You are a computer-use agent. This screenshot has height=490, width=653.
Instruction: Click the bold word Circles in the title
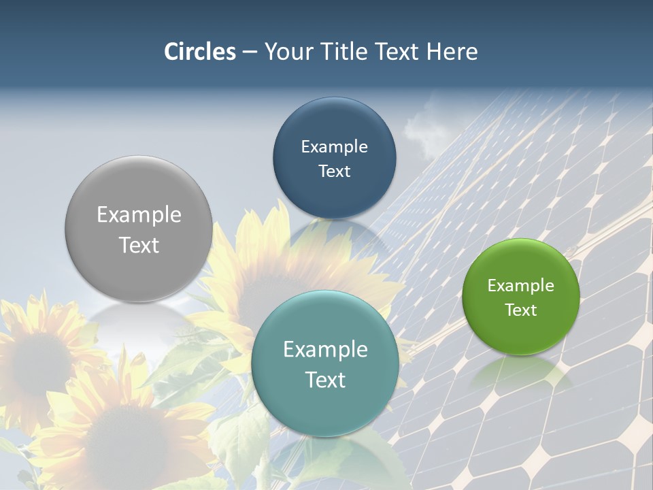tap(200, 51)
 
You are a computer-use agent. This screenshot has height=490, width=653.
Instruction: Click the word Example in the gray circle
tap(139, 215)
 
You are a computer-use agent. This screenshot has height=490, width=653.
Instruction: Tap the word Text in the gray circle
tap(139, 245)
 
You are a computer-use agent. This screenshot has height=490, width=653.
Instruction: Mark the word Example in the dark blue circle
tap(335, 147)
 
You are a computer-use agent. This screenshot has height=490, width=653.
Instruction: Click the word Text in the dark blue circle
tap(335, 171)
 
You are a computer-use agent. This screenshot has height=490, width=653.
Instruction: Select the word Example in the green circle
tap(521, 286)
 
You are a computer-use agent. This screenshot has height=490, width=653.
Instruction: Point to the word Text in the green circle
tap(521, 310)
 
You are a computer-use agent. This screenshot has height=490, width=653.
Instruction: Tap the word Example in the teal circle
tap(325, 350)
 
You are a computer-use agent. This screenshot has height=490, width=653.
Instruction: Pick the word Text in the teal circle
tap(325, 380)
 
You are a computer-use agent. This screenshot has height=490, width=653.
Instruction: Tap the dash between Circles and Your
tap(250, 51)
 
